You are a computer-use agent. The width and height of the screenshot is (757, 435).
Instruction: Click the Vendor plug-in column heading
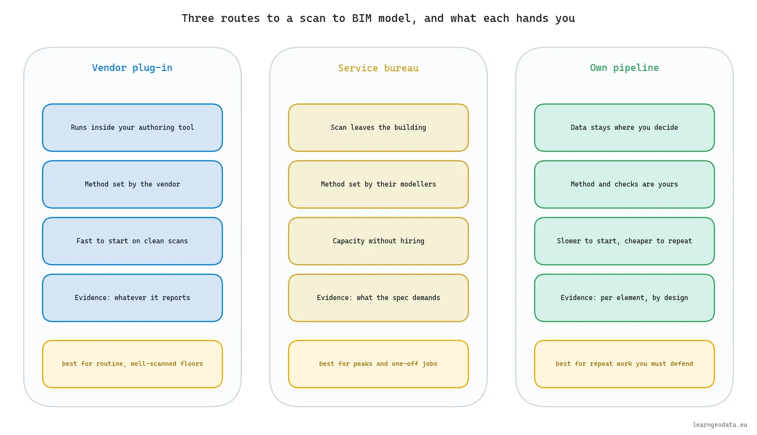(x=132, y=68)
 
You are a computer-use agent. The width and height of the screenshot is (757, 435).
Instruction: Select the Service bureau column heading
(x=378, y=68)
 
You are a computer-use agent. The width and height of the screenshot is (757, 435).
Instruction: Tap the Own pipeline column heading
(x=624, y=68)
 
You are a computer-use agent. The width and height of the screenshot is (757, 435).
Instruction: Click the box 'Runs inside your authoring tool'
(x=132, y=128)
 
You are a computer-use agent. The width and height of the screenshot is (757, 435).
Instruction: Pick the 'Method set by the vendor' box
(x=132, y=184)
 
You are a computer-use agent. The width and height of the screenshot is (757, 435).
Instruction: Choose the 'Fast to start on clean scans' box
(x=132, y=241)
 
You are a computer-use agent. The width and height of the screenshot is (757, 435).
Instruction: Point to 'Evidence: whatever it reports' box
(x=132, y=298)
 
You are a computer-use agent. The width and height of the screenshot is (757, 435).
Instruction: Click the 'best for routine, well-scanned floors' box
(x=132, y=364)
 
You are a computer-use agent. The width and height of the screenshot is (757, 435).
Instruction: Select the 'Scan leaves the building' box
(x=378, y=128)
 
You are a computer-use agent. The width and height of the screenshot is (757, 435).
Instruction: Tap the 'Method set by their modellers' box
(x=378, y=184)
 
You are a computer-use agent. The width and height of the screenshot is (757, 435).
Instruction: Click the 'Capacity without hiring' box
(x=378, y=241)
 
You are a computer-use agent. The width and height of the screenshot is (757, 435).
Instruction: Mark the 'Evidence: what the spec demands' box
(x=378, y=298)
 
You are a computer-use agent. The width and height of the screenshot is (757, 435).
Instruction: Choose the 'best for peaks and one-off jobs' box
(x=378, y=364)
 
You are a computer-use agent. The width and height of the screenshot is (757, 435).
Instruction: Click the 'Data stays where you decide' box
(x=624, y=128)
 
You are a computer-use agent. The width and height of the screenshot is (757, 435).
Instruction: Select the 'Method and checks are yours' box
(x=624, y=184)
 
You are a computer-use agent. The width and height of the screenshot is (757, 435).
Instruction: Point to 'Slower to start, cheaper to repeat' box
(x=624, y=241)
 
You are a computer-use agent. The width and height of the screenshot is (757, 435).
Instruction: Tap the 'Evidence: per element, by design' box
(x=624, y=298)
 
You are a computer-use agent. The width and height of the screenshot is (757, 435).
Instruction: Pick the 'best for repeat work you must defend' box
(x=624, y=364)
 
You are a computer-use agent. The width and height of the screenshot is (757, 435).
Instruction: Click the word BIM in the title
(x=361, y=18)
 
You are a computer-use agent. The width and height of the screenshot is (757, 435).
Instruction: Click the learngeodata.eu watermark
(x=720, y=425)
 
